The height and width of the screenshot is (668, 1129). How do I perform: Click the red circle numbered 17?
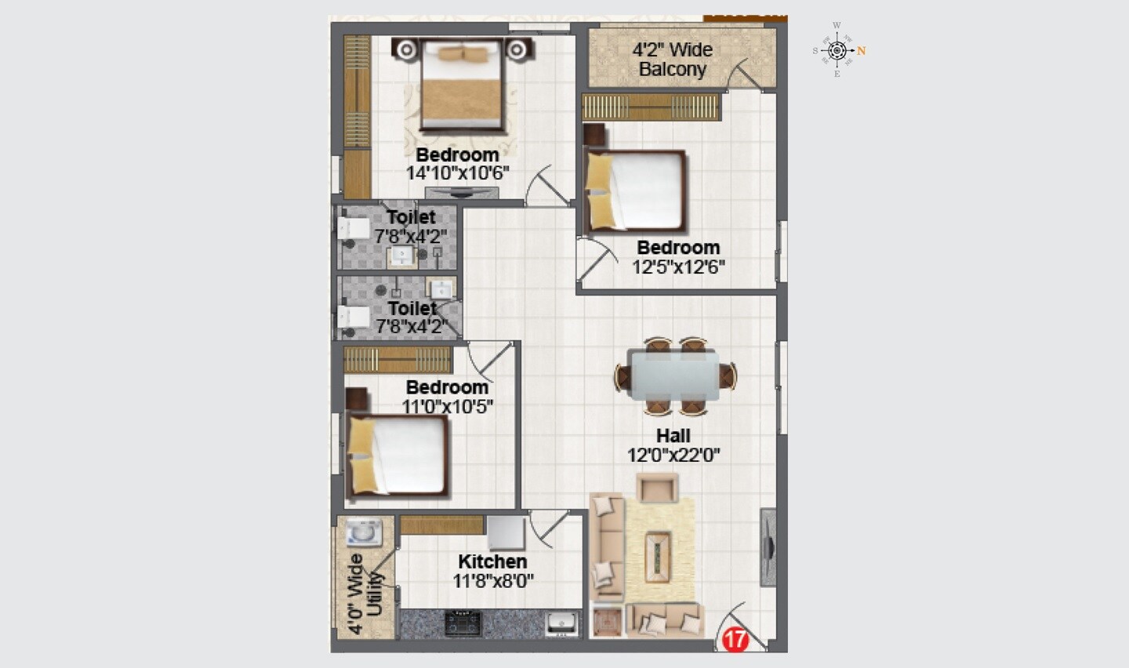[735, 639]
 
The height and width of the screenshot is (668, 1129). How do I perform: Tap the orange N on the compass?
[861, 51]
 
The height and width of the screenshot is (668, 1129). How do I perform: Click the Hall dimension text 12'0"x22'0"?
[673, 455]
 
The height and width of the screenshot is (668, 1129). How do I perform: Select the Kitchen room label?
[492, 561]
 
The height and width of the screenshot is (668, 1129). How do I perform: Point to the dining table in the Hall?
[674, 376]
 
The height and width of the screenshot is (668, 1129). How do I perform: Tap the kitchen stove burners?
[463, 623]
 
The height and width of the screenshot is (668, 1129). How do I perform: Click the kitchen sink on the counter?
[561, 623]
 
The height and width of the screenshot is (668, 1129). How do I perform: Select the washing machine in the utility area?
[364, 532]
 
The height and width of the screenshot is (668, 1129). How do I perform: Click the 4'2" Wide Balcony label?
[673, 60]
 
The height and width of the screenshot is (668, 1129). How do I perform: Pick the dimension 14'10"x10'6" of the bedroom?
[458, 173]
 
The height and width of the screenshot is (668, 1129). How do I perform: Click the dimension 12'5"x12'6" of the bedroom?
[678, 267]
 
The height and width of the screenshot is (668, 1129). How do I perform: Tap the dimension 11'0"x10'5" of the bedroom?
[447, 406]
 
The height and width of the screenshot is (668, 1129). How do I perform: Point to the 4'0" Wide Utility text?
[365, 594]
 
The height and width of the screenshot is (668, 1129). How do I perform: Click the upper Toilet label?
[411, 217]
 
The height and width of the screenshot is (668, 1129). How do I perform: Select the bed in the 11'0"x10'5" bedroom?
[398, 455]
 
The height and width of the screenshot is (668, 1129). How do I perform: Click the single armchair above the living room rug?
[657, 488]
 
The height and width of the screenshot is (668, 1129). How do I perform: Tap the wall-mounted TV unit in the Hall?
[768, 547]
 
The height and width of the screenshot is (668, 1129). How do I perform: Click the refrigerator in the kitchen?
[506, 533]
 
